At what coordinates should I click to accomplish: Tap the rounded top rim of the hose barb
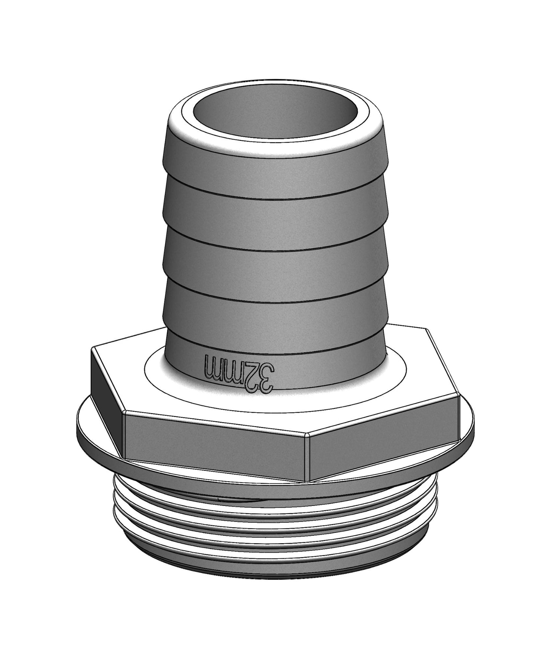pyautogui.click(x=275, y=139)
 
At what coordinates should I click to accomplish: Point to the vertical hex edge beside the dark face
pyautogui.click(x=124, y=433)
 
